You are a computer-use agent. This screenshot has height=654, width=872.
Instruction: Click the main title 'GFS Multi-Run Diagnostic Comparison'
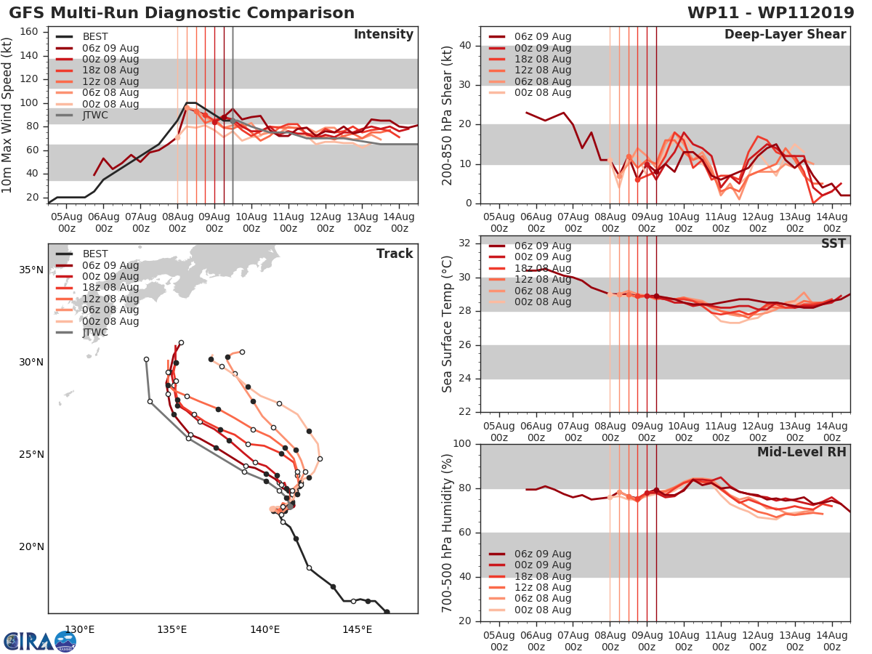[182, 13]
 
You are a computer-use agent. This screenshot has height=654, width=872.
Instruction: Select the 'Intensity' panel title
[384, 35]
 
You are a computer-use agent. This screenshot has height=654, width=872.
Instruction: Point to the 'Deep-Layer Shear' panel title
[785, 35]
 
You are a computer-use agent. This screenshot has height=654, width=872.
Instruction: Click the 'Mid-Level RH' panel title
[802, 453]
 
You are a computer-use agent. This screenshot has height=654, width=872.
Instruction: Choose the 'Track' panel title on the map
[395, 254]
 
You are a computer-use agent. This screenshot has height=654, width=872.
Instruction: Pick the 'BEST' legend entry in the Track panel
[95, 254]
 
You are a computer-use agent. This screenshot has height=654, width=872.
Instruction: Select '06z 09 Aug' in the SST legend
[542, 246]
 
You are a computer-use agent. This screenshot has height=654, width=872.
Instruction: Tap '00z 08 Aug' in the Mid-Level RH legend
[542, 610]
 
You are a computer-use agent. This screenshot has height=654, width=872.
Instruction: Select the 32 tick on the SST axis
[463, 243]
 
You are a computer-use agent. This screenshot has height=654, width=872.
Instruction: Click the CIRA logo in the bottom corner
[40, 641]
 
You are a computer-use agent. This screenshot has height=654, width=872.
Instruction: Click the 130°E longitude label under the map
[80, 629]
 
